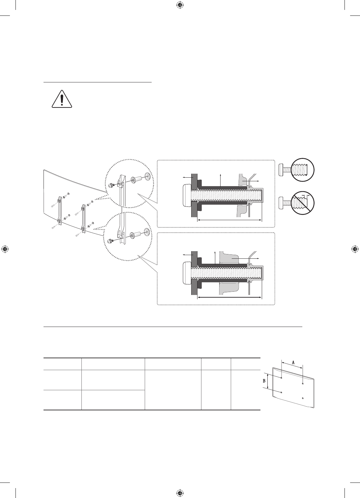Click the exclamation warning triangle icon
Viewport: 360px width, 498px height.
62,99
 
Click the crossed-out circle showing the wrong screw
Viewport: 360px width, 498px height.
302,203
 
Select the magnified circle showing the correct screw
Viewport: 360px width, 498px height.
302,170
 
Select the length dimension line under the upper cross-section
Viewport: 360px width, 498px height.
229,220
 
